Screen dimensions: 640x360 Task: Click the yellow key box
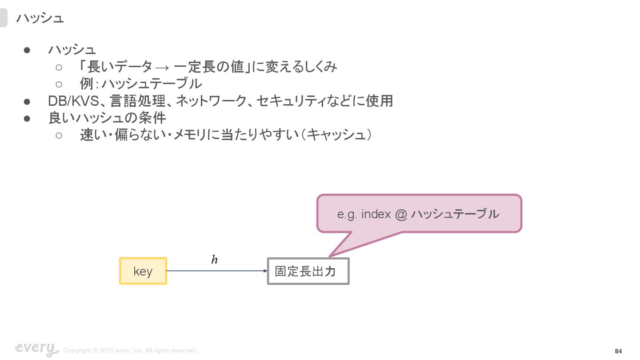point(143,271)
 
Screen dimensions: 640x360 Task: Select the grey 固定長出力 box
point(308,271)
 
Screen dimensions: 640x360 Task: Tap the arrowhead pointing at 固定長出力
point(265,271)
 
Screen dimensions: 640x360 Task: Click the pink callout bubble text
point(418,214)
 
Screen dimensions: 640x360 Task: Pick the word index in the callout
point(376,214)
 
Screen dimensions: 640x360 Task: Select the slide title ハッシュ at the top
point(40,18)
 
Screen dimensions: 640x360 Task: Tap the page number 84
point(618,351)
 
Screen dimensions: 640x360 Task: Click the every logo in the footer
point(36,349)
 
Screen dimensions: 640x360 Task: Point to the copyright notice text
point(130,351)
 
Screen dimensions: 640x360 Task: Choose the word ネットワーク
point(211,101)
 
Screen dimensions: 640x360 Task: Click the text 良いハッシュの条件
point(107,118)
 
